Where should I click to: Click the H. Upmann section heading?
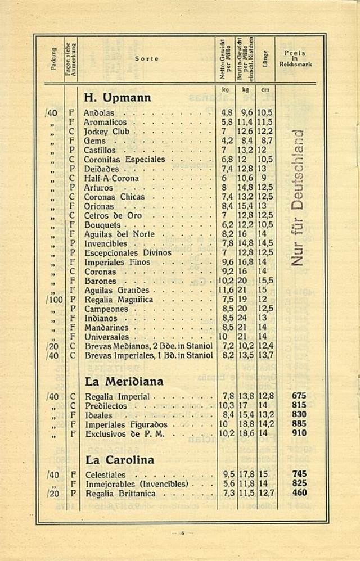(x=117, y=98)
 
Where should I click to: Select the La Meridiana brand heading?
(x=124, y=382)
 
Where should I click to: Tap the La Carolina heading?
(x=119, y=460)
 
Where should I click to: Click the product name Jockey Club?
(x=107, y=132)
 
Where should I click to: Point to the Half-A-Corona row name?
(x=111, y=178)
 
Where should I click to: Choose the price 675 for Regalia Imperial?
(x=299, y=396)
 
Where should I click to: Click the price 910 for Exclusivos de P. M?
(x=299, y=433)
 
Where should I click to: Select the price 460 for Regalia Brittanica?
(x=299, y=493)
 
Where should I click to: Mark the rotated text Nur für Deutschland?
(x=298, y=197)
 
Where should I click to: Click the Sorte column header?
(x=146, y=58)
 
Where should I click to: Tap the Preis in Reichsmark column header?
(x=295, y=58)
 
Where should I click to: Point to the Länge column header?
(x=265, y=59)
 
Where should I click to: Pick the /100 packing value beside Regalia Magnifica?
(x=55, y=300)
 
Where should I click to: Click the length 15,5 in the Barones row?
(x=265, y=281)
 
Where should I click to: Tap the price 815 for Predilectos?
(x=299, y=405)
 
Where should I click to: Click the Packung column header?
(x=54, y=58)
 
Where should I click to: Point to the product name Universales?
(x=107, y=337)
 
